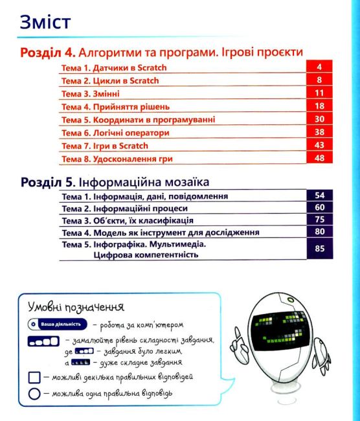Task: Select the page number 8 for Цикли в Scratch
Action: (319, 80)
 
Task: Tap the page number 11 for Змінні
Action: (319, 93)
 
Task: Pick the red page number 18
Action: (319, 106)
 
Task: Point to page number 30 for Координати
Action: (319, 119)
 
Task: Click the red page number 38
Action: (319, 132)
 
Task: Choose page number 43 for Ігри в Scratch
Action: (319, 145)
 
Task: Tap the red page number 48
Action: (319, 159)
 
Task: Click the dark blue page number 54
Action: (319, 195)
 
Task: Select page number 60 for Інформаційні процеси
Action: (319, 208)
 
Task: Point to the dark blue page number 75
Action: (319, 220)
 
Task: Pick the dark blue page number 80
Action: (319, 233)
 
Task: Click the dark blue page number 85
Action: (319, 249)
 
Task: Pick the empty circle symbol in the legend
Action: (34, 394)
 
